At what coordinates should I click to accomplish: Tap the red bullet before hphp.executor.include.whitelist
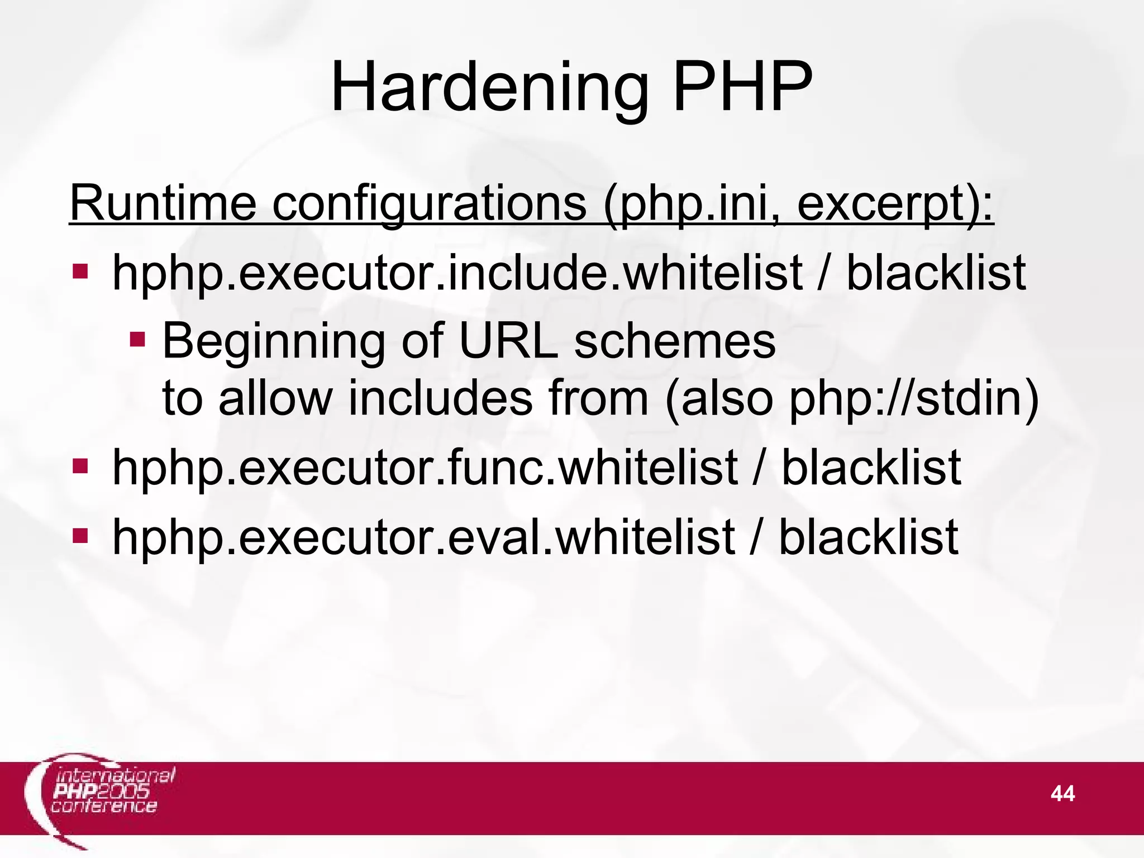(x=80, y=272)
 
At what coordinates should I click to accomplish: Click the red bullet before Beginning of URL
(x=137, y=339)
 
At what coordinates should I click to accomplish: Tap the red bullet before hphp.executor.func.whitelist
(x=80, y=466)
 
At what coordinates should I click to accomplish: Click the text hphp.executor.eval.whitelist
(x=423, y=537)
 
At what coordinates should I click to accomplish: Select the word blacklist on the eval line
(x=869, y=537)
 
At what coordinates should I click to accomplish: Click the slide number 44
(x=1062, y=793)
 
